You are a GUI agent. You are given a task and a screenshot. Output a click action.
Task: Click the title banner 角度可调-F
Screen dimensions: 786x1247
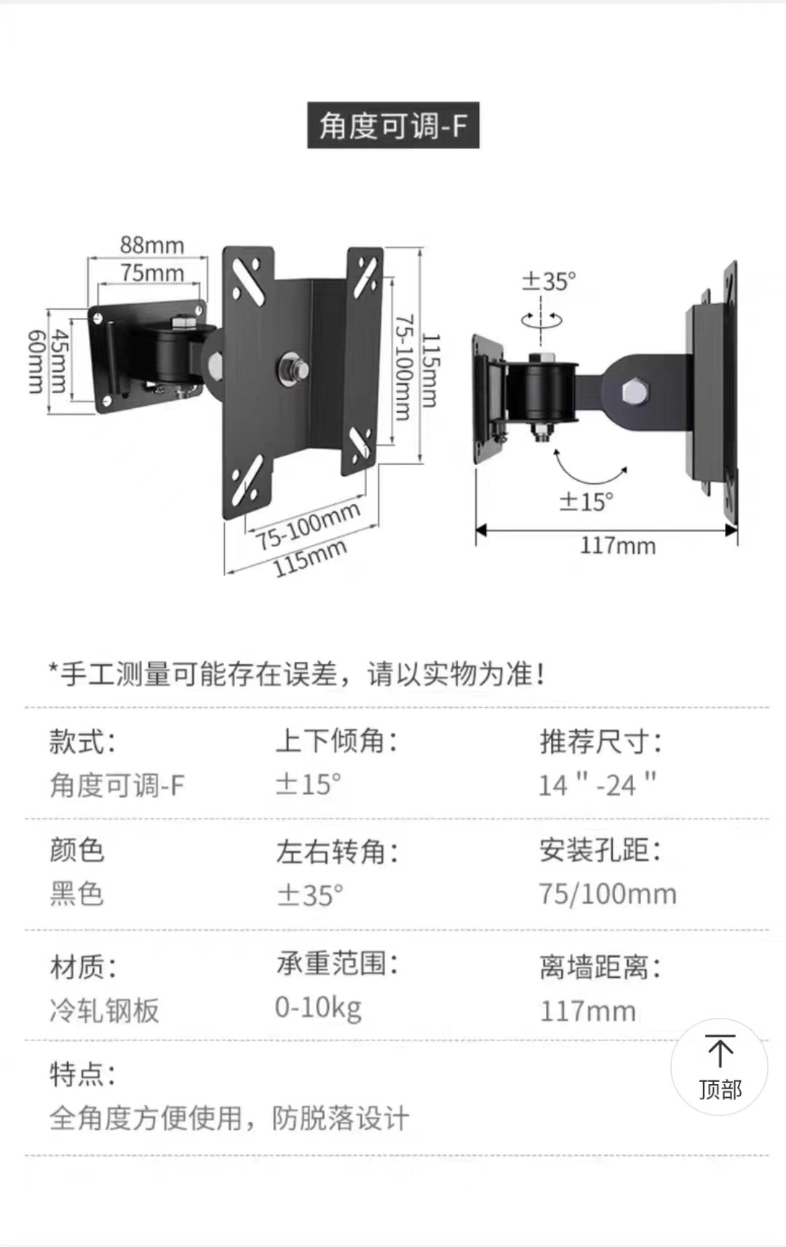(393, 126)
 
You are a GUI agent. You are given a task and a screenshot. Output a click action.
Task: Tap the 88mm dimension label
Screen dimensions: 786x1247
(152, 245)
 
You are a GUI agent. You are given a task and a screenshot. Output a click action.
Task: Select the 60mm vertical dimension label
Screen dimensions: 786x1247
(36, 362)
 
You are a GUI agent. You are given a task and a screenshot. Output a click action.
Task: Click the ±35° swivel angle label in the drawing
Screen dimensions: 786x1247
(549, 281)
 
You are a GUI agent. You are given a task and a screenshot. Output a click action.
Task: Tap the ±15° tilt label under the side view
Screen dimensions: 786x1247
(586, 501)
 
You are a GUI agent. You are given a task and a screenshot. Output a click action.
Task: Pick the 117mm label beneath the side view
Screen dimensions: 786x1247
(617, 546)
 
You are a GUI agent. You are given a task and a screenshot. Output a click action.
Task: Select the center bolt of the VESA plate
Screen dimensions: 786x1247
(293, 369)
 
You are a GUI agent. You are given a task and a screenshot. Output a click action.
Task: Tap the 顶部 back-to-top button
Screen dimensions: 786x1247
(719, 1067)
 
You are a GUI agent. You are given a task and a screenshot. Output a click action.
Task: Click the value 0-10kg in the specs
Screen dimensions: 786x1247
(318, 1008)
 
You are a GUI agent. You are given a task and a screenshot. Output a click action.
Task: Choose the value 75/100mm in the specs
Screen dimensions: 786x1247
(607, 894)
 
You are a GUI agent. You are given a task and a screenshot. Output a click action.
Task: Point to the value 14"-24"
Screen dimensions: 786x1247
(597, 785)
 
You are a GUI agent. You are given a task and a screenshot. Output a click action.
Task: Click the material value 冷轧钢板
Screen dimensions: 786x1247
(104, 1011)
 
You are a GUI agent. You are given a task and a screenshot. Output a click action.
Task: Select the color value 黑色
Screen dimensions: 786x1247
(76, 894)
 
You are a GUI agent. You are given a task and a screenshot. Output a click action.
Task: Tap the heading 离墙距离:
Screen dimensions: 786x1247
(600, 968)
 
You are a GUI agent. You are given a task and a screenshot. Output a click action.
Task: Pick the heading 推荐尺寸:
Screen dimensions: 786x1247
(600, 742)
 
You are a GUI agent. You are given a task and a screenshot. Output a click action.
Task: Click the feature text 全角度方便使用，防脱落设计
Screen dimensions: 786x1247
(229, 1118)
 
